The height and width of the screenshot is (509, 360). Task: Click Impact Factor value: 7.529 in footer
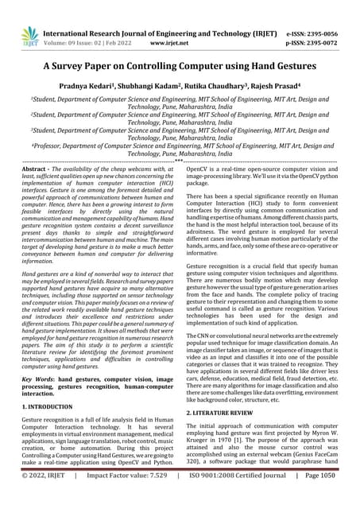coord(127,498)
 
